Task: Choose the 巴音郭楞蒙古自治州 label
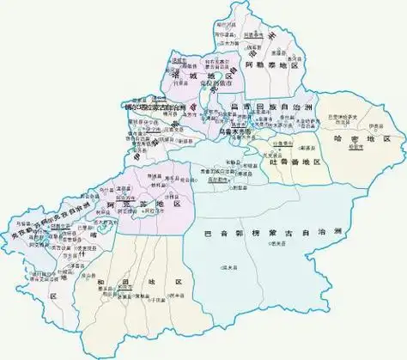point(281,231)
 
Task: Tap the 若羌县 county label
point(276,244)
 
